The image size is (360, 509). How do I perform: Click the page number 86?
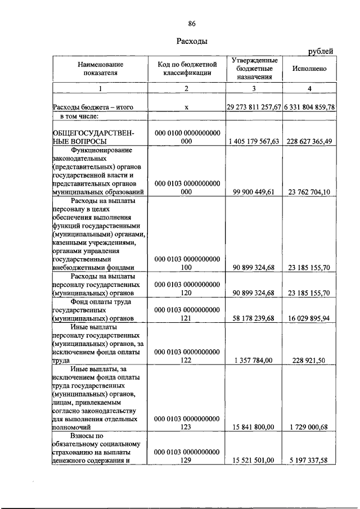(192, 23)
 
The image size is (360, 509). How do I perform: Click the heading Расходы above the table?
(192, 41)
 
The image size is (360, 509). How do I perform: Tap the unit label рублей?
(321, 52)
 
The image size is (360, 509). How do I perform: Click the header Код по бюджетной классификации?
(187, 68)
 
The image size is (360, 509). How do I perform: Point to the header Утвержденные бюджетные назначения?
(254, 68)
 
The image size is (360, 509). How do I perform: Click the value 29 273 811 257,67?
(254, 107)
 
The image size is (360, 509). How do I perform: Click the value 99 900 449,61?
(254, 192)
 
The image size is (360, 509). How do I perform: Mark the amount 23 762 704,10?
(308, 192)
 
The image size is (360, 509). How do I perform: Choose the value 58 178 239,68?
(254, 318)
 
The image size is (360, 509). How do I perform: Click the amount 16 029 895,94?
(308, 318)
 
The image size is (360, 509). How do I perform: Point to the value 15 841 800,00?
(254, 427)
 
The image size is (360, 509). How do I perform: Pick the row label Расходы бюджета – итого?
(93, 107)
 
